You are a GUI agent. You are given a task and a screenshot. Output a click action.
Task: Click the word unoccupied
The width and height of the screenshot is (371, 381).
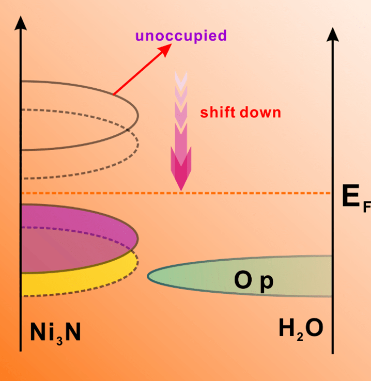click(181, 36)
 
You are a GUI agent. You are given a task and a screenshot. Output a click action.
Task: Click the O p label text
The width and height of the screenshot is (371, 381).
click(253, 281)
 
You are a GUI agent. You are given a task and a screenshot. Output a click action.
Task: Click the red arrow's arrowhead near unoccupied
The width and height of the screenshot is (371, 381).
click(166, 50)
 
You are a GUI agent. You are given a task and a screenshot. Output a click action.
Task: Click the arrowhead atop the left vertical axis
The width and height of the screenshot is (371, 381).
click(20, 23)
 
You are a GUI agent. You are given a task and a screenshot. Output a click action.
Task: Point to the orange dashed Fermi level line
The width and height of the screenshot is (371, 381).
click(258, 193)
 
